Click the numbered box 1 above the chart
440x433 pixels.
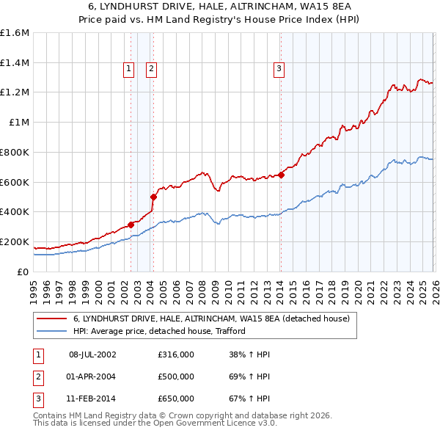pyautogui.click(x=128, y=69)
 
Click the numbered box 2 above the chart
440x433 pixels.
pyautogui.click(x=151, y=69)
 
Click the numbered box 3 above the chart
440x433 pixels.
pyautogui.click(x=279, y=69)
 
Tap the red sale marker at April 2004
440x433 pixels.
pyautogui.click(x=154, y=197)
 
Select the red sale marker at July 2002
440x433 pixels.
pyautogui.click(x=131, y=225)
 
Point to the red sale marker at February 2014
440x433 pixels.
pyautogui.click(x=281, y=175)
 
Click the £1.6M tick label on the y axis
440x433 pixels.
pyautogui.click(x=15, y=33)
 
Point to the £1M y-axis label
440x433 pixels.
pyautogui.click(x=19, y=123)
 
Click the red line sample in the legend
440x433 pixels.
pyautogui.click(x=52, y=319)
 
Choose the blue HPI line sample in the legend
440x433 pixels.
pyautogui.click(x=52, y=331)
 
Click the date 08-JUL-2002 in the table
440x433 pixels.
pyautogui.click(x=92, y=354)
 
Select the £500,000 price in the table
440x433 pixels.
pyautogui.click(x=176, y=376)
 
